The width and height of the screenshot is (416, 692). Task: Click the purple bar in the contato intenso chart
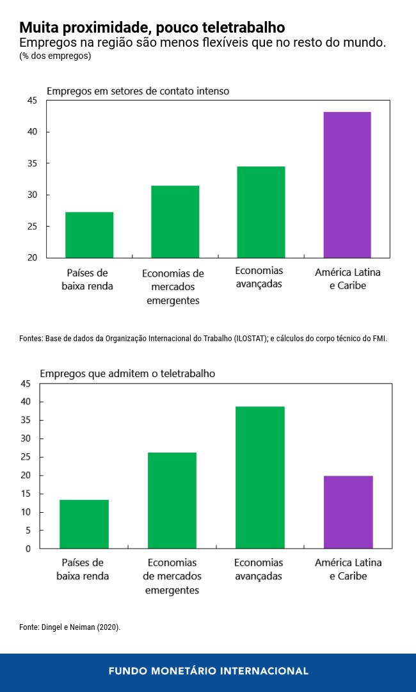pyautogui.click(x=347, y=184)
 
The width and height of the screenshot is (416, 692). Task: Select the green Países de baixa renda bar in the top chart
pyautogui.click(x=89, y=234)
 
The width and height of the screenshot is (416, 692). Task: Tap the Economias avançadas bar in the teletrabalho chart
pyautogui.click(x=260, y=477)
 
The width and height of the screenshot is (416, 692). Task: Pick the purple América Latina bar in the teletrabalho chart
pyautogui.click(x=348, y=511)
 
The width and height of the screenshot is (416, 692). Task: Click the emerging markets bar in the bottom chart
pyautogui.click(x=172, y=500)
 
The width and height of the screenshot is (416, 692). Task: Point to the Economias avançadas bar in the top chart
pyautogui.click(x=260, y=212)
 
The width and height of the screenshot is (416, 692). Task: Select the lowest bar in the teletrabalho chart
pyautogui.click(x=84, y=524)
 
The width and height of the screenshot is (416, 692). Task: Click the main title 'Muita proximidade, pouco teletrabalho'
pyautogui.click(x=152, y=28)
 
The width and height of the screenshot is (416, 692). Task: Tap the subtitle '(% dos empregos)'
pyautogui.click(x=55, y=56)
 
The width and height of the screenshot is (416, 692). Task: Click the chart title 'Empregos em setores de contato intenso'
pyautogui.click(x=138, y=91)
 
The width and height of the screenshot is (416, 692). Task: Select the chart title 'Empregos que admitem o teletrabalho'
pyautogui.click(x=127, y=373)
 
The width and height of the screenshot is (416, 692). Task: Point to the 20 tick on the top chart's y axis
pyautogui.click(x=33, y=258)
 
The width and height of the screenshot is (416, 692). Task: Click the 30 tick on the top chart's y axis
pyautogui.click(x=33, y=195)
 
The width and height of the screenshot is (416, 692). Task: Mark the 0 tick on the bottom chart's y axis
pyautogui.click(x=28, y=549)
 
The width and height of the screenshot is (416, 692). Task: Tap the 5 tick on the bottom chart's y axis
pyautogui.click(x=28, y=530)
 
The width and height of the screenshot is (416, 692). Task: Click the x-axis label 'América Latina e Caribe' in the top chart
pyautogui.click(x=348, y=278)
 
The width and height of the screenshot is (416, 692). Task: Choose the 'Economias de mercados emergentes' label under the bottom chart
pyautogui.click(x=172, y=576)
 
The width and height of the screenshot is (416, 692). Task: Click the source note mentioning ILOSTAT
pyautogui.click(x=203, y=339)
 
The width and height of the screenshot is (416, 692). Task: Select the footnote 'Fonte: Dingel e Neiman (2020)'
pyautogui.click(x=70, y=627)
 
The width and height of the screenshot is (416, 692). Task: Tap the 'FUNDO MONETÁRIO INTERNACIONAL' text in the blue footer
pyautogui.click(x=208, y=671)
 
